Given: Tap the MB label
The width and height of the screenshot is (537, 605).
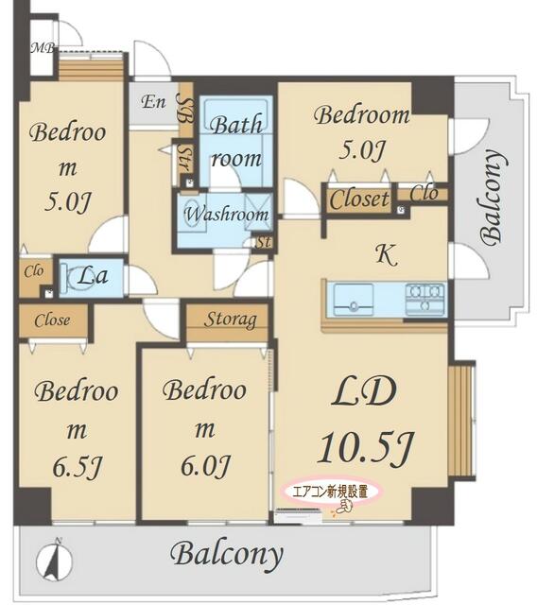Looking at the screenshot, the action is [43, 48].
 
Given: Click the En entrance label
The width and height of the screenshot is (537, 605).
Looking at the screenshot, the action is [153, 102].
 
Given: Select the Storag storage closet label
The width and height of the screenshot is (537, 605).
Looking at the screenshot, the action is [231, 320].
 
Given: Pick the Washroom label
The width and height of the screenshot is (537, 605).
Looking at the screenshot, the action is [226, 215].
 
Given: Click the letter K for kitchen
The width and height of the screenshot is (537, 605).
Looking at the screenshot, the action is [386, 254].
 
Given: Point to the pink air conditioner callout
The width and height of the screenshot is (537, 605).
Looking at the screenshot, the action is [332, 493].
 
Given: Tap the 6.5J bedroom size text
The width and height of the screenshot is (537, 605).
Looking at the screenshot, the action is [77, 468].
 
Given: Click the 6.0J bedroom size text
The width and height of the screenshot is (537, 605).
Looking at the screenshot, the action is [205, 466].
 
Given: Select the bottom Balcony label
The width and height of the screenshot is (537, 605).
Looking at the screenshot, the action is [227, 555].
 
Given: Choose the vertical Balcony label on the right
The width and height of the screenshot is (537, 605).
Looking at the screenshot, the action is [494, 198].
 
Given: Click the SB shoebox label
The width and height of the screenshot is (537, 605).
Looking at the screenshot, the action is [185, 110].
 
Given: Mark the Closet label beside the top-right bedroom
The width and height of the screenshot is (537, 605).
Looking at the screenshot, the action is [359, 199].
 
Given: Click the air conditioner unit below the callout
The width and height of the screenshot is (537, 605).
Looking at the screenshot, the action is [299, 516].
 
